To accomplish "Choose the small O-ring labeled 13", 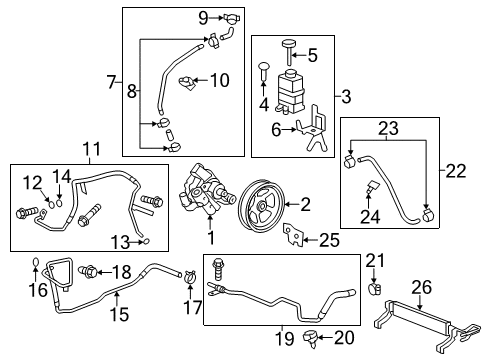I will tap(148, 241).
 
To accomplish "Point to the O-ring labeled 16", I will tap(36, 266).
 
